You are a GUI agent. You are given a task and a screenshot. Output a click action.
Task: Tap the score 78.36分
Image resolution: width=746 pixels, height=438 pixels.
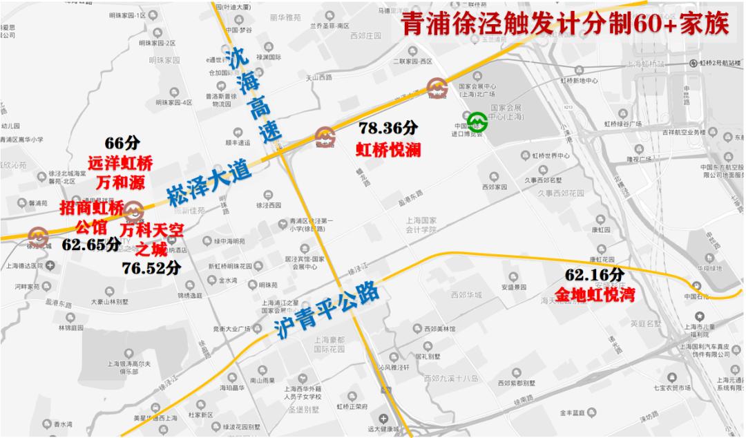click(388, 128)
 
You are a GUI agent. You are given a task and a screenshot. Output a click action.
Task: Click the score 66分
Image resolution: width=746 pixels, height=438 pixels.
click(122, 143)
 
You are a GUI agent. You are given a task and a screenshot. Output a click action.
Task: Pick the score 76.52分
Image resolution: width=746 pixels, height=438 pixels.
click(151, 267)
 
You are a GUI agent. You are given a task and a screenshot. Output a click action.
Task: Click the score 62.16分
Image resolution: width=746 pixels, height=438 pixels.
click(594, 275)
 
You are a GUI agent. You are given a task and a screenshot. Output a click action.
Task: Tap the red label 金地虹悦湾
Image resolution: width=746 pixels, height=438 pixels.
click(595, 295)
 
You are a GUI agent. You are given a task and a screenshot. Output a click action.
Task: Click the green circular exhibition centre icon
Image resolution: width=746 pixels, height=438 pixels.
click(475, 122)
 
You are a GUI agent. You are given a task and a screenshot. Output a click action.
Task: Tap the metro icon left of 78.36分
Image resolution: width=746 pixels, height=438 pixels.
click(325, 136)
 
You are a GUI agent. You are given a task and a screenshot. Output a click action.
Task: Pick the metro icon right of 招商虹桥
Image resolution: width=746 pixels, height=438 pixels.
click(135, 210)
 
